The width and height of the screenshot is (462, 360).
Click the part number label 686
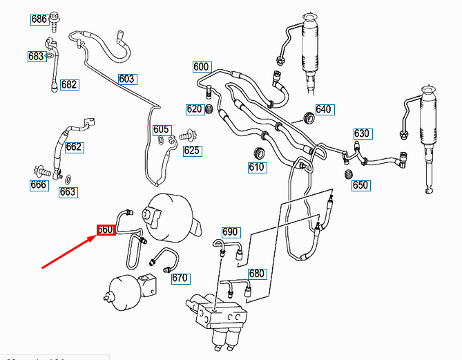39,19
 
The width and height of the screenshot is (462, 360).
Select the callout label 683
37,57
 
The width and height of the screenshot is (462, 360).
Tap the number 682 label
69,85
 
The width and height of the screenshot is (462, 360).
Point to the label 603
127,79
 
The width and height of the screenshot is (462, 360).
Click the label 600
201,67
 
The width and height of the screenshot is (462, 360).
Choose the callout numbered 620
194,109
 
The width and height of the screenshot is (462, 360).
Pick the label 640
324,109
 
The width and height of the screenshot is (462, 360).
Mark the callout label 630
363,133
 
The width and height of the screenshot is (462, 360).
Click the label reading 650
360,185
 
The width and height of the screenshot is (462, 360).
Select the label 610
257,167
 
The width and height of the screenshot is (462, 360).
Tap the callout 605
162,129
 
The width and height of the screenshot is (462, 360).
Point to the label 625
191,151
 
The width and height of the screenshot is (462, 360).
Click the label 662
74,146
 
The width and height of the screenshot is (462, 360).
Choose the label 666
39,184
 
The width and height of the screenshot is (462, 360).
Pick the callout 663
68,192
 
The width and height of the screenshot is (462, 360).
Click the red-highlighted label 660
105,229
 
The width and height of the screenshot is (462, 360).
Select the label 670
180,278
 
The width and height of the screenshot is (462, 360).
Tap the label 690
230,231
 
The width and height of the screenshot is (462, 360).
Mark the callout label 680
257,274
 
